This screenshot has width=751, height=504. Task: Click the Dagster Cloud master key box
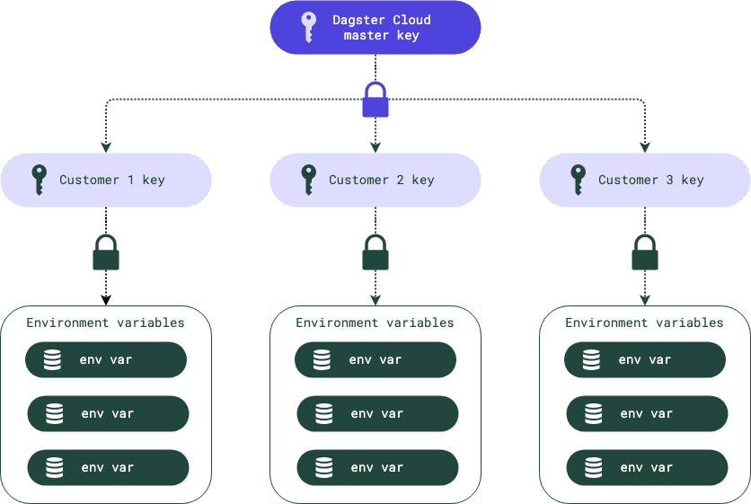click(375, 27)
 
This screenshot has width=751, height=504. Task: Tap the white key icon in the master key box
click(308, 27)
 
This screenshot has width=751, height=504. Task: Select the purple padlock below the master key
click(375, 100)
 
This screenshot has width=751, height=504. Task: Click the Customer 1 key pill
click(106, 180)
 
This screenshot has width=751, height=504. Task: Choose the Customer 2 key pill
click(375, 180)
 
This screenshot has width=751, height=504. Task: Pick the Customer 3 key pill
click(645, 180)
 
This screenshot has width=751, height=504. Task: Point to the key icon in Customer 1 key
click(39, 180)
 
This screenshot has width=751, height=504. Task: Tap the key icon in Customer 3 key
click(578, 180)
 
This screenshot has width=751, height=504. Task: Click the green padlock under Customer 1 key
click(106, 253)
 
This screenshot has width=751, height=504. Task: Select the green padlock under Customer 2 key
click(375, 253)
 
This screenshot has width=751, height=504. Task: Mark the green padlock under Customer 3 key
click(645, 253)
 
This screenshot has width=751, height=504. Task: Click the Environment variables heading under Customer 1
click(106, 323)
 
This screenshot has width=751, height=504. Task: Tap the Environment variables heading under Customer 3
click(645, 323)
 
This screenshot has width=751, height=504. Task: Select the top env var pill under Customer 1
click(106, 359)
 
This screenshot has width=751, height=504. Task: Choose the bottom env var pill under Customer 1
click(108, 467)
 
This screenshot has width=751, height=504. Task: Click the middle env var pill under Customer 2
click(377, 413)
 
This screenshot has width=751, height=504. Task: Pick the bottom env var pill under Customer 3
click(647, 467)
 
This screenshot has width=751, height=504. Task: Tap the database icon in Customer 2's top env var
click(322, 359)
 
